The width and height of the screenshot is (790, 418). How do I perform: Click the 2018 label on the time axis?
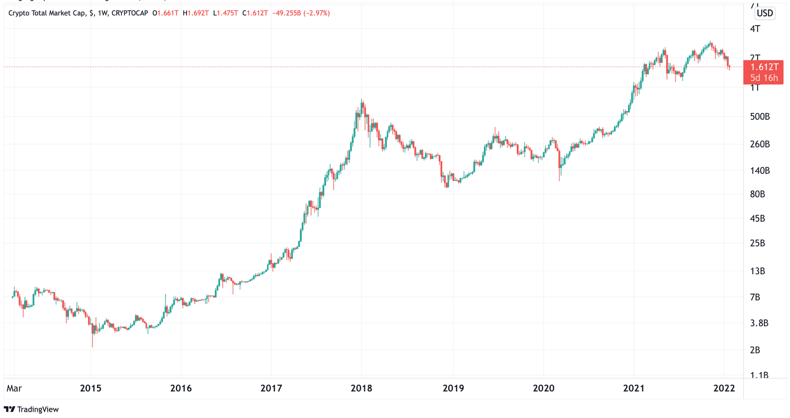pyautogui.click(x=361, y=388)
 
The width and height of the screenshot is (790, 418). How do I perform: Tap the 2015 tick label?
pyautogui.click(x=91, y=388)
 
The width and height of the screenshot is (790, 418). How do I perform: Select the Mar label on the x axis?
pyautogui.click(x=14, y=388)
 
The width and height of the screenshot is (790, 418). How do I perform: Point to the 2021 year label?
pyautogui.click(x=634, y=388)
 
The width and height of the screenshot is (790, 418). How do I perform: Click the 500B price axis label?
pyautogui.click(x=760, y=117)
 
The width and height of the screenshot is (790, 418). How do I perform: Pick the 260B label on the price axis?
pyautogui.click(x=760, y=145)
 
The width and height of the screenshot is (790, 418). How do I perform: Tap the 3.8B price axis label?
pyautogui.click(x=759, y=323)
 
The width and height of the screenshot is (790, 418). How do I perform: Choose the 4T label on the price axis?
pyautogui.click(x=755, y=29)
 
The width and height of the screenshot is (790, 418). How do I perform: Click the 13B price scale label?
pyautogui.click(x=757, y=271)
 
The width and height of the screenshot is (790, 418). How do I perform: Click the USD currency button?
pyautogui.click(x=765, y=13)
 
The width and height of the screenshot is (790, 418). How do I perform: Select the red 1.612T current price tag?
pyautogui.click(x=764, y=67)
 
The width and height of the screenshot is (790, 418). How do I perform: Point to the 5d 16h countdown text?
pyautogui.click(x=764, y=78)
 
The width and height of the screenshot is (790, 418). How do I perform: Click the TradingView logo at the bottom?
pyautogui.click(x=31, y=409)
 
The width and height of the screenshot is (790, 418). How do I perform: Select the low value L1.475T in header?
pyautogui.click(x=225, y=13)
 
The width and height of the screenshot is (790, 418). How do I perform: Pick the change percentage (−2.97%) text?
pyautogui.click(x=316, y=13)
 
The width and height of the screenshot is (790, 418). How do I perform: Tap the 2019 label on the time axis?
pyautogui.click(x=453, y=388)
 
